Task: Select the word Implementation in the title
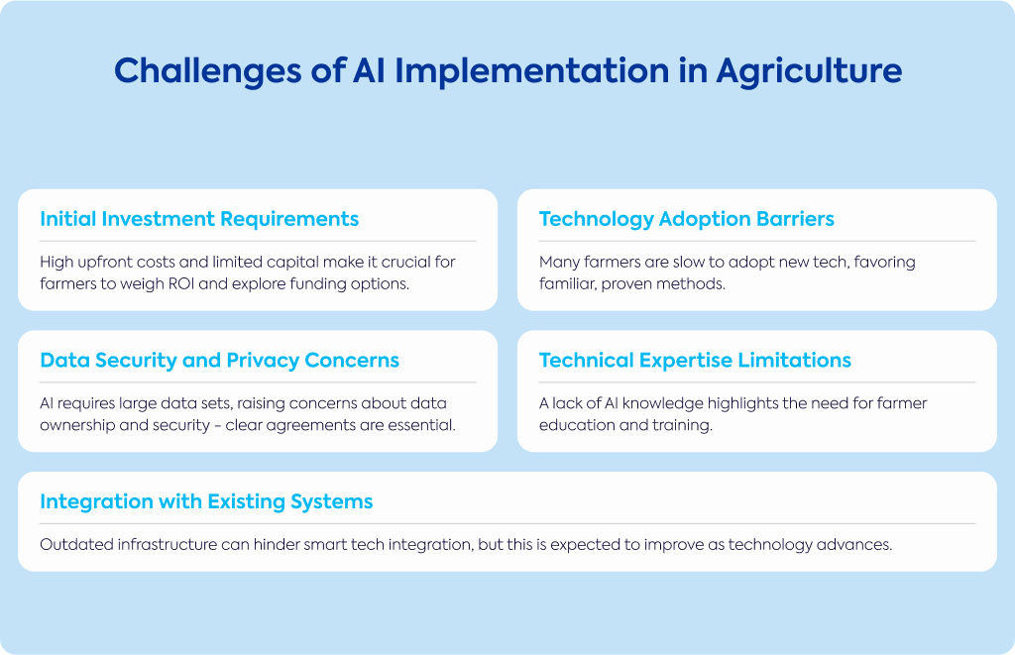click(x=532, y=71)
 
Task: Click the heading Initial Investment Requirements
click(x=199, y=219)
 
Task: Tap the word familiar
click(x=567, y=284)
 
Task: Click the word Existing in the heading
click(x=246, y=501)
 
